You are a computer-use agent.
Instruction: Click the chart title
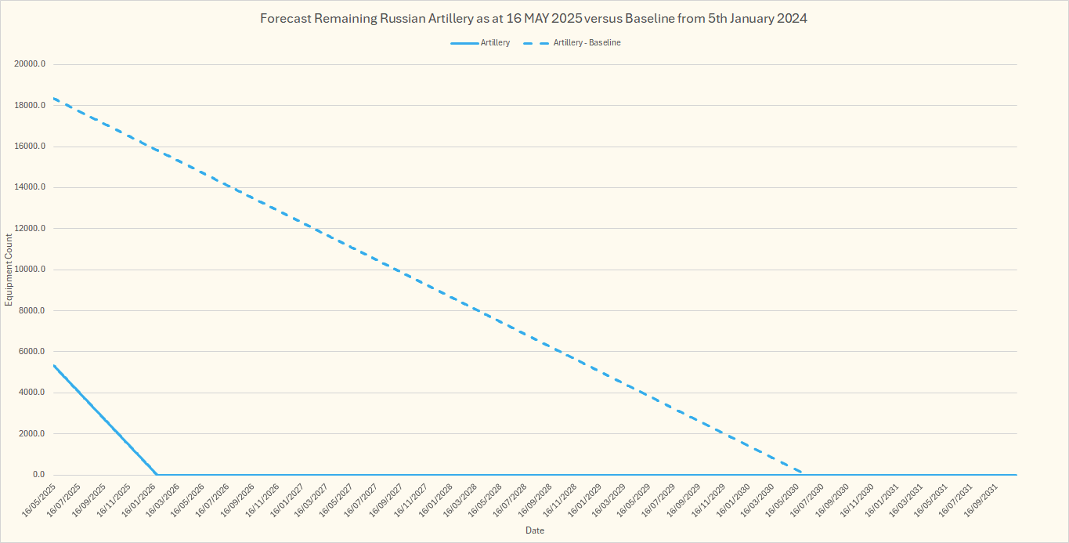coord(534,19)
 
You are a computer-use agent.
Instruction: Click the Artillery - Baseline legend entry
coord(587,43)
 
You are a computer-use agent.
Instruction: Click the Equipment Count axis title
coord(9,270)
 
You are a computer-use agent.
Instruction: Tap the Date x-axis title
coord(535,530)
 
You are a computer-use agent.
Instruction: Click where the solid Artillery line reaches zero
coord(157,474)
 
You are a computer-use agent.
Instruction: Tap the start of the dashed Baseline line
coord(53,99)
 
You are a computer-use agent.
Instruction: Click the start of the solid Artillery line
coord(53,365)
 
